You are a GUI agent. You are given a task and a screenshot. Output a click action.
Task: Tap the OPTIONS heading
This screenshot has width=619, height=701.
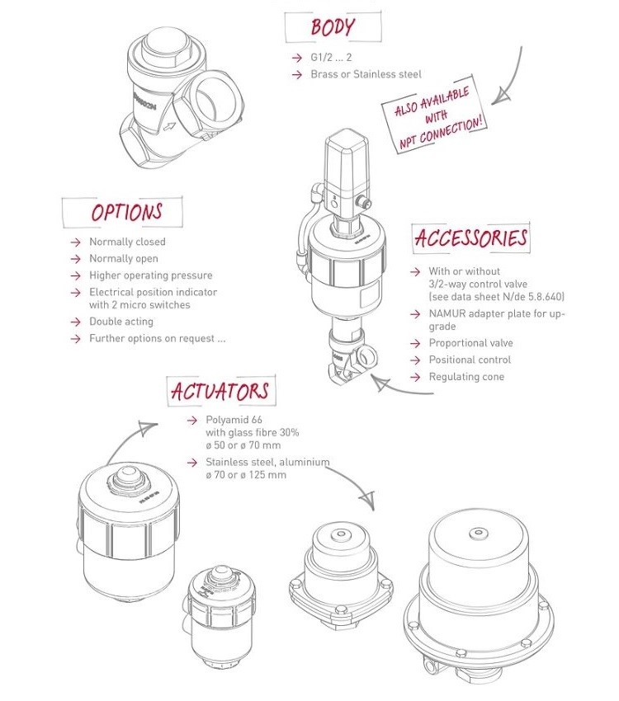point(126,212)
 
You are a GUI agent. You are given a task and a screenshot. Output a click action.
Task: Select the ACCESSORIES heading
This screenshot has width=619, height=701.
point(470,238)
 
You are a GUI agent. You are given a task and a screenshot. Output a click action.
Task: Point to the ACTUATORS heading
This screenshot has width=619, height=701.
point(220,390)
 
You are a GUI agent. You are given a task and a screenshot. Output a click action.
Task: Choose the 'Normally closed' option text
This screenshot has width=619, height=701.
point(127,242)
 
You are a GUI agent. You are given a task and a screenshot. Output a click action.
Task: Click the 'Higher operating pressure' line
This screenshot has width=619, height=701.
point(150,275)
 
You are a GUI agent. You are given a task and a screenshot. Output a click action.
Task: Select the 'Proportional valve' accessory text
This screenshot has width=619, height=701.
point(470,343)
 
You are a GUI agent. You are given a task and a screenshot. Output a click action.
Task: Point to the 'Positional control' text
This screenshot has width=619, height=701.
point(470,360)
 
